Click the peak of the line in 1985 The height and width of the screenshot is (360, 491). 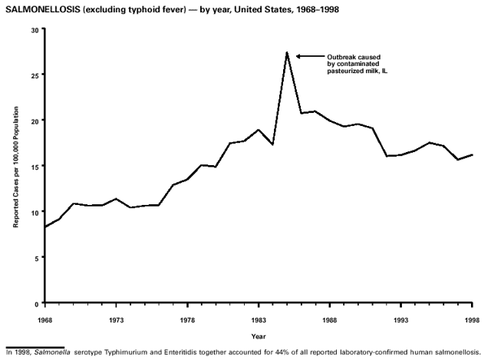287,52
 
